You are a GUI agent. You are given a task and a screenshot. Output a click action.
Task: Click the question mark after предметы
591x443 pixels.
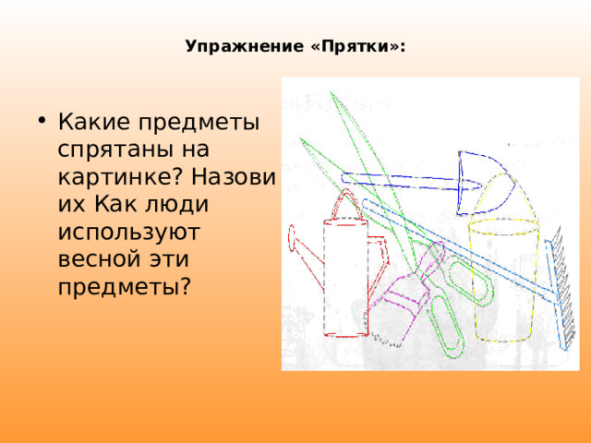pos(186,286)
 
